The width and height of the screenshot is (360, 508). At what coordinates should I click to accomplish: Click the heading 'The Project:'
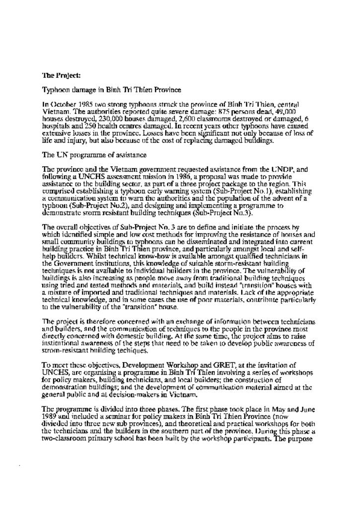(61, 76)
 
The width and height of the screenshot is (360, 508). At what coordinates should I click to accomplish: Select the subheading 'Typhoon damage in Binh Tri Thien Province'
(111, 90)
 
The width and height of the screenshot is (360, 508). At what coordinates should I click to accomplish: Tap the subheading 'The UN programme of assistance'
(94, 155)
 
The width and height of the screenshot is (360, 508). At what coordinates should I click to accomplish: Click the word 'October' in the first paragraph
(64, 105)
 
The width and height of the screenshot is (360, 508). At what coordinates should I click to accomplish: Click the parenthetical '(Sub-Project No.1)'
(218, 190)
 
